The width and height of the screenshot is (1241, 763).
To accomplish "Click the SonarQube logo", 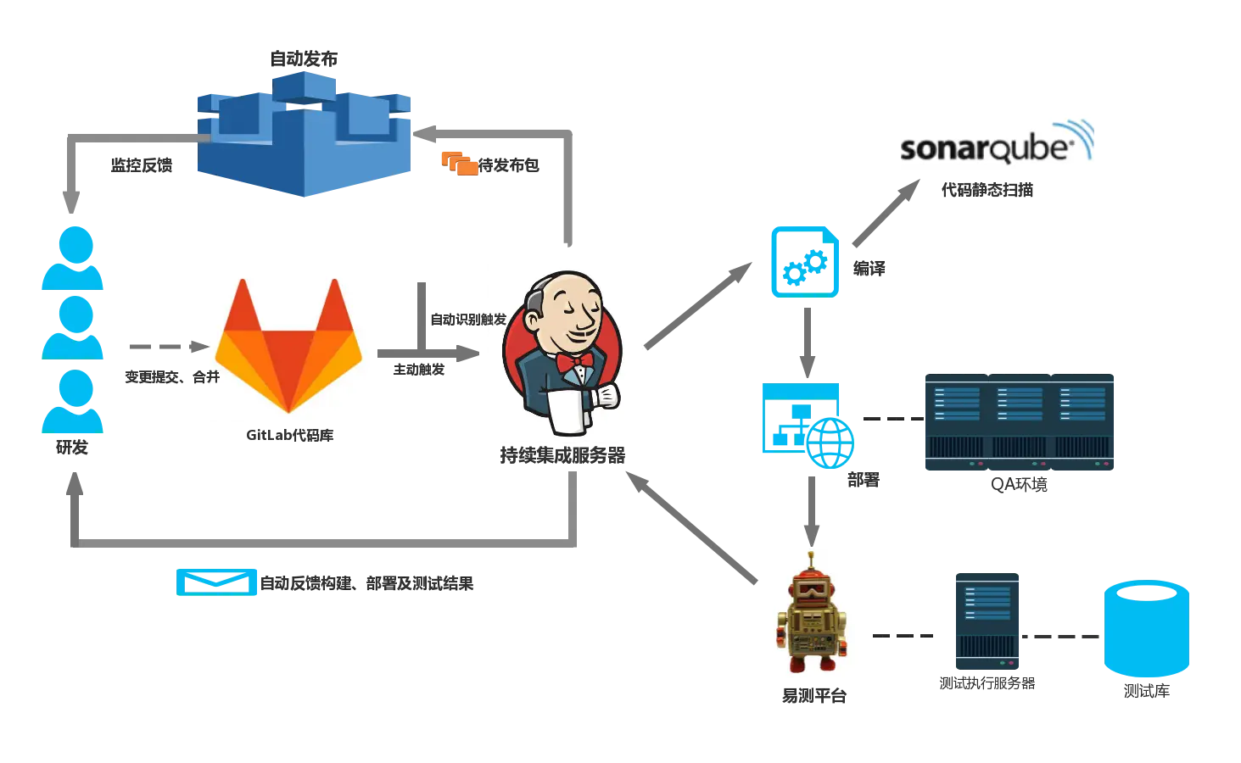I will click(997, 140).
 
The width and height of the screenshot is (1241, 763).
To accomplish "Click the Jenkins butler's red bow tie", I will click(574, 363).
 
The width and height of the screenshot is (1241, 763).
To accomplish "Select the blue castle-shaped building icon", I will click(304, 133).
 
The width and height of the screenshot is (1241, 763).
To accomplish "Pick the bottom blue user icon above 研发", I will click(74, 400).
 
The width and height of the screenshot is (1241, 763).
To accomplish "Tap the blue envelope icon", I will click(216, 581).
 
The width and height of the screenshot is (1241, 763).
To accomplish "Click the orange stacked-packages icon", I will click(460, 163).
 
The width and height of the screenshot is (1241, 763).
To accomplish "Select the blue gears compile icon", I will click(804, 262).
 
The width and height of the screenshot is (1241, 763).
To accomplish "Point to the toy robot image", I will click(813, 610).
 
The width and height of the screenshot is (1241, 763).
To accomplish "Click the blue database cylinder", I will click(1146, 627).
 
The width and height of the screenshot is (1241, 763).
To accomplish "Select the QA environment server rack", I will click(1020, 422).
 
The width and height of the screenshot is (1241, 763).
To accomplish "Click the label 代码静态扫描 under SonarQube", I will click(987, 189).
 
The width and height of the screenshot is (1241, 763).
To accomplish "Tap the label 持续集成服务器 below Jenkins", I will click(562, 457).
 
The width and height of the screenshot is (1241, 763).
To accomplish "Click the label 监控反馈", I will click(142, 166).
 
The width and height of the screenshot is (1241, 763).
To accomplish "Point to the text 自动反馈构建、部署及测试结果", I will click(367, 583).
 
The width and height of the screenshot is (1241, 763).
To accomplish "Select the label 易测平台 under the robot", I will click(813, 696).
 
